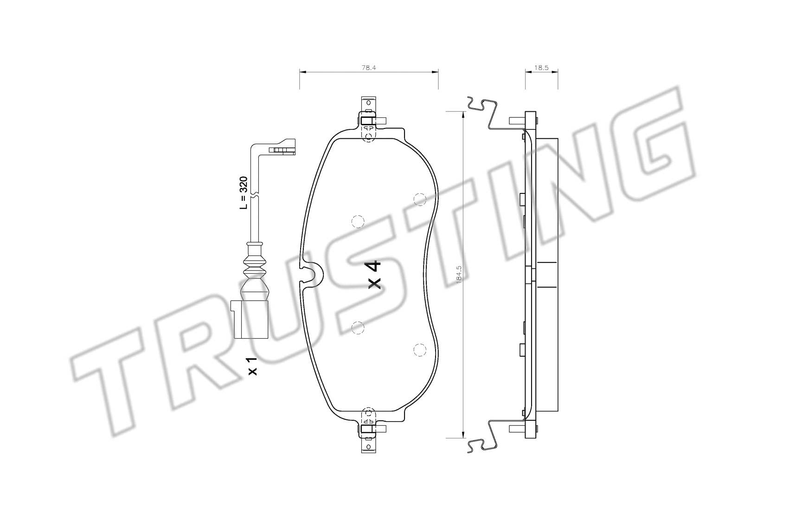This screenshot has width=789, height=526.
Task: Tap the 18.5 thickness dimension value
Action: click(x=541, y=68)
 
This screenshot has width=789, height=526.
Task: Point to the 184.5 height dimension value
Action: click(x=459, y=274)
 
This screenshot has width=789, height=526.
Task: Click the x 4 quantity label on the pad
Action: click(x=374, y=275)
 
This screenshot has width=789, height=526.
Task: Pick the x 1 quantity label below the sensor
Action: click(x=252, y=366)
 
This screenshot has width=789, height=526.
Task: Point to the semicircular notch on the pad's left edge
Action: click(x=312, y=273)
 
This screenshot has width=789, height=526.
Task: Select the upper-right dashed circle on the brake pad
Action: click(x=419, y=199)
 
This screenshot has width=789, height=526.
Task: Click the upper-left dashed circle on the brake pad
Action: click(x=358, y=222)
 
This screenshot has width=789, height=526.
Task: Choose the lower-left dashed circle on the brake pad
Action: click(x=358, y=328)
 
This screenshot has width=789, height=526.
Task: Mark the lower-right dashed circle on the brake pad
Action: click(x=419, y=350)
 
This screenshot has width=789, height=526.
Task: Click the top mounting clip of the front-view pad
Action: click(x=369, y=118)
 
